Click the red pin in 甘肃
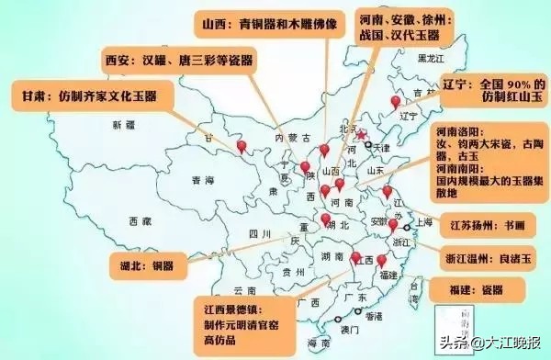242,147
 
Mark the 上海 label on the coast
424,221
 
